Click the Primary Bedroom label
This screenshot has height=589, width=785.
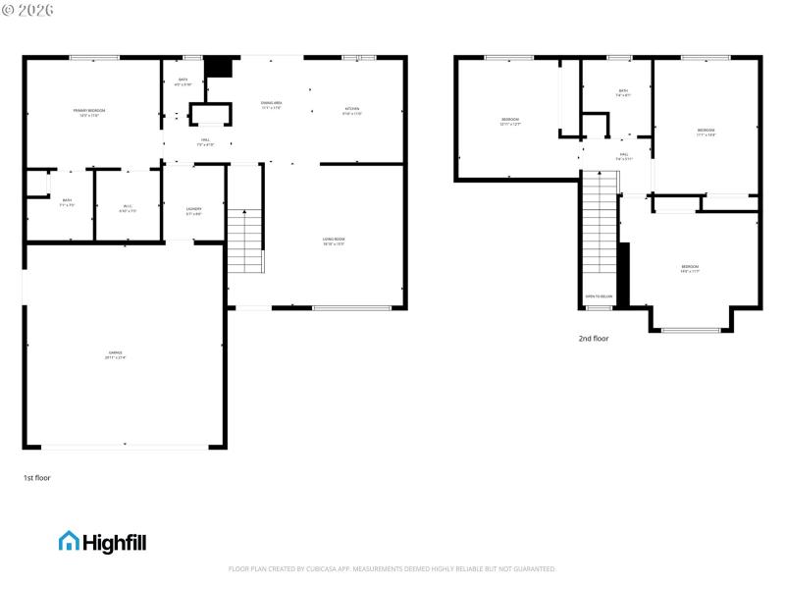pyautogui.click(x=88, y=111)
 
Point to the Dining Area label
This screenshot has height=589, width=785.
pyautogui.click(x=272, y=104)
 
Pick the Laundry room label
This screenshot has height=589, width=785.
pyautogui.click(x=194, y=210)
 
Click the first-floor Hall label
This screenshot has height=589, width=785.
pyautogui.click(x=205, y=140)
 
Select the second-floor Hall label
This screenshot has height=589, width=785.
pyautogui.click(x=624, y=155)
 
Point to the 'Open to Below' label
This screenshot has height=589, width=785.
pyautogui.click(x=599, y=295)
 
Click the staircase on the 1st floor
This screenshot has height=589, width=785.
pyautogui.click(x=245, y=241)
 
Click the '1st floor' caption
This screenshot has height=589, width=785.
pyautogui.click(x=36, y=478)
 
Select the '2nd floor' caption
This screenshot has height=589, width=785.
pyautogui.click(x=594, y=339)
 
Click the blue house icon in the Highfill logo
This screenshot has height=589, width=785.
pyautogui.click(x=69, y=541)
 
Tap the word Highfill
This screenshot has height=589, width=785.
pyautogui.click(x=115, y=542)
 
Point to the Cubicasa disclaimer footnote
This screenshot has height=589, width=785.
pyautogui.click(x=392, y=568)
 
